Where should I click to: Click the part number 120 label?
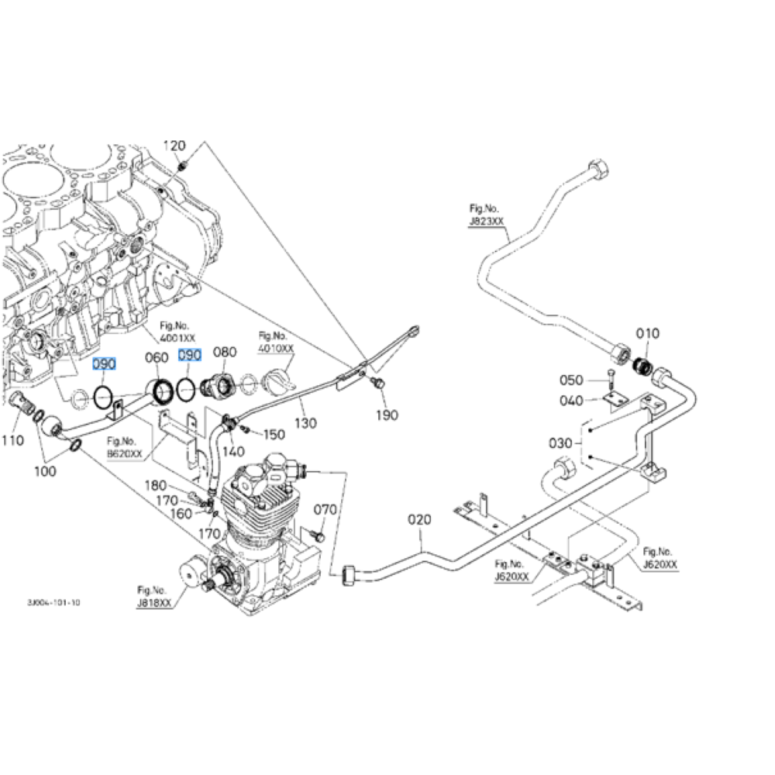click(174, 146)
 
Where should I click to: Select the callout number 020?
click(419, 520)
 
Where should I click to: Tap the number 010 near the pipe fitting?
click(648, 333)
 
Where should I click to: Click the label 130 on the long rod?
click(306, 424)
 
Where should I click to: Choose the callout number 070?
click(325, 510)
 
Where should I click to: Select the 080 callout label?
click(225, 353)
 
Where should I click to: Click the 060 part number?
click(157, 357)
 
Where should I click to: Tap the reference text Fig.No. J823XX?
click(486, 215)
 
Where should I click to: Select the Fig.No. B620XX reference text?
click(125, 449)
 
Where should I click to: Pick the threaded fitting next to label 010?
click(641, 365)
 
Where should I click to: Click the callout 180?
click(157, 486)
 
